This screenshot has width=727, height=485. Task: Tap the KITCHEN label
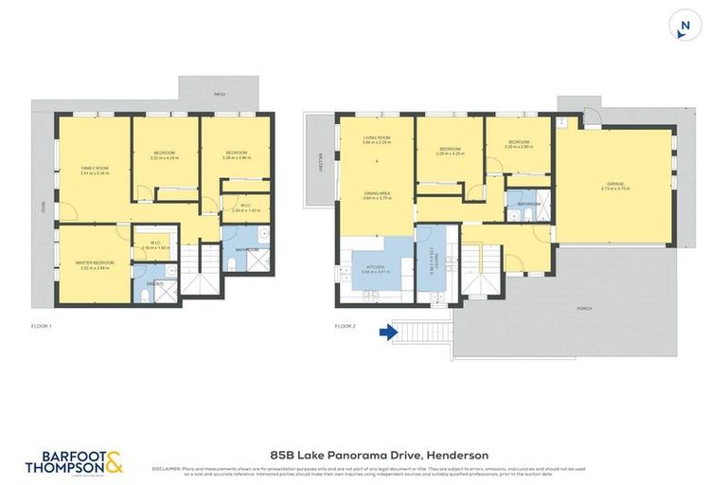click(376, 268)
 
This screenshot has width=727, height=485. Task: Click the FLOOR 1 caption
click(41, 327)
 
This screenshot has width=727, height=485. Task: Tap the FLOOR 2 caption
click(345, 327)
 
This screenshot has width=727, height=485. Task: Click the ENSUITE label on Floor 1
click(155, 283)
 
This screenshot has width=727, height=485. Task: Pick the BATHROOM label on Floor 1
click(248, 250)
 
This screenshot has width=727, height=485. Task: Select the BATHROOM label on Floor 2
click(528, 204)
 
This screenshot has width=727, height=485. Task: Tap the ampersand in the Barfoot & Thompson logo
click(113, 461)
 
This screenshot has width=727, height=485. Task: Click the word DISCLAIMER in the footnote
click(166, 469)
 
